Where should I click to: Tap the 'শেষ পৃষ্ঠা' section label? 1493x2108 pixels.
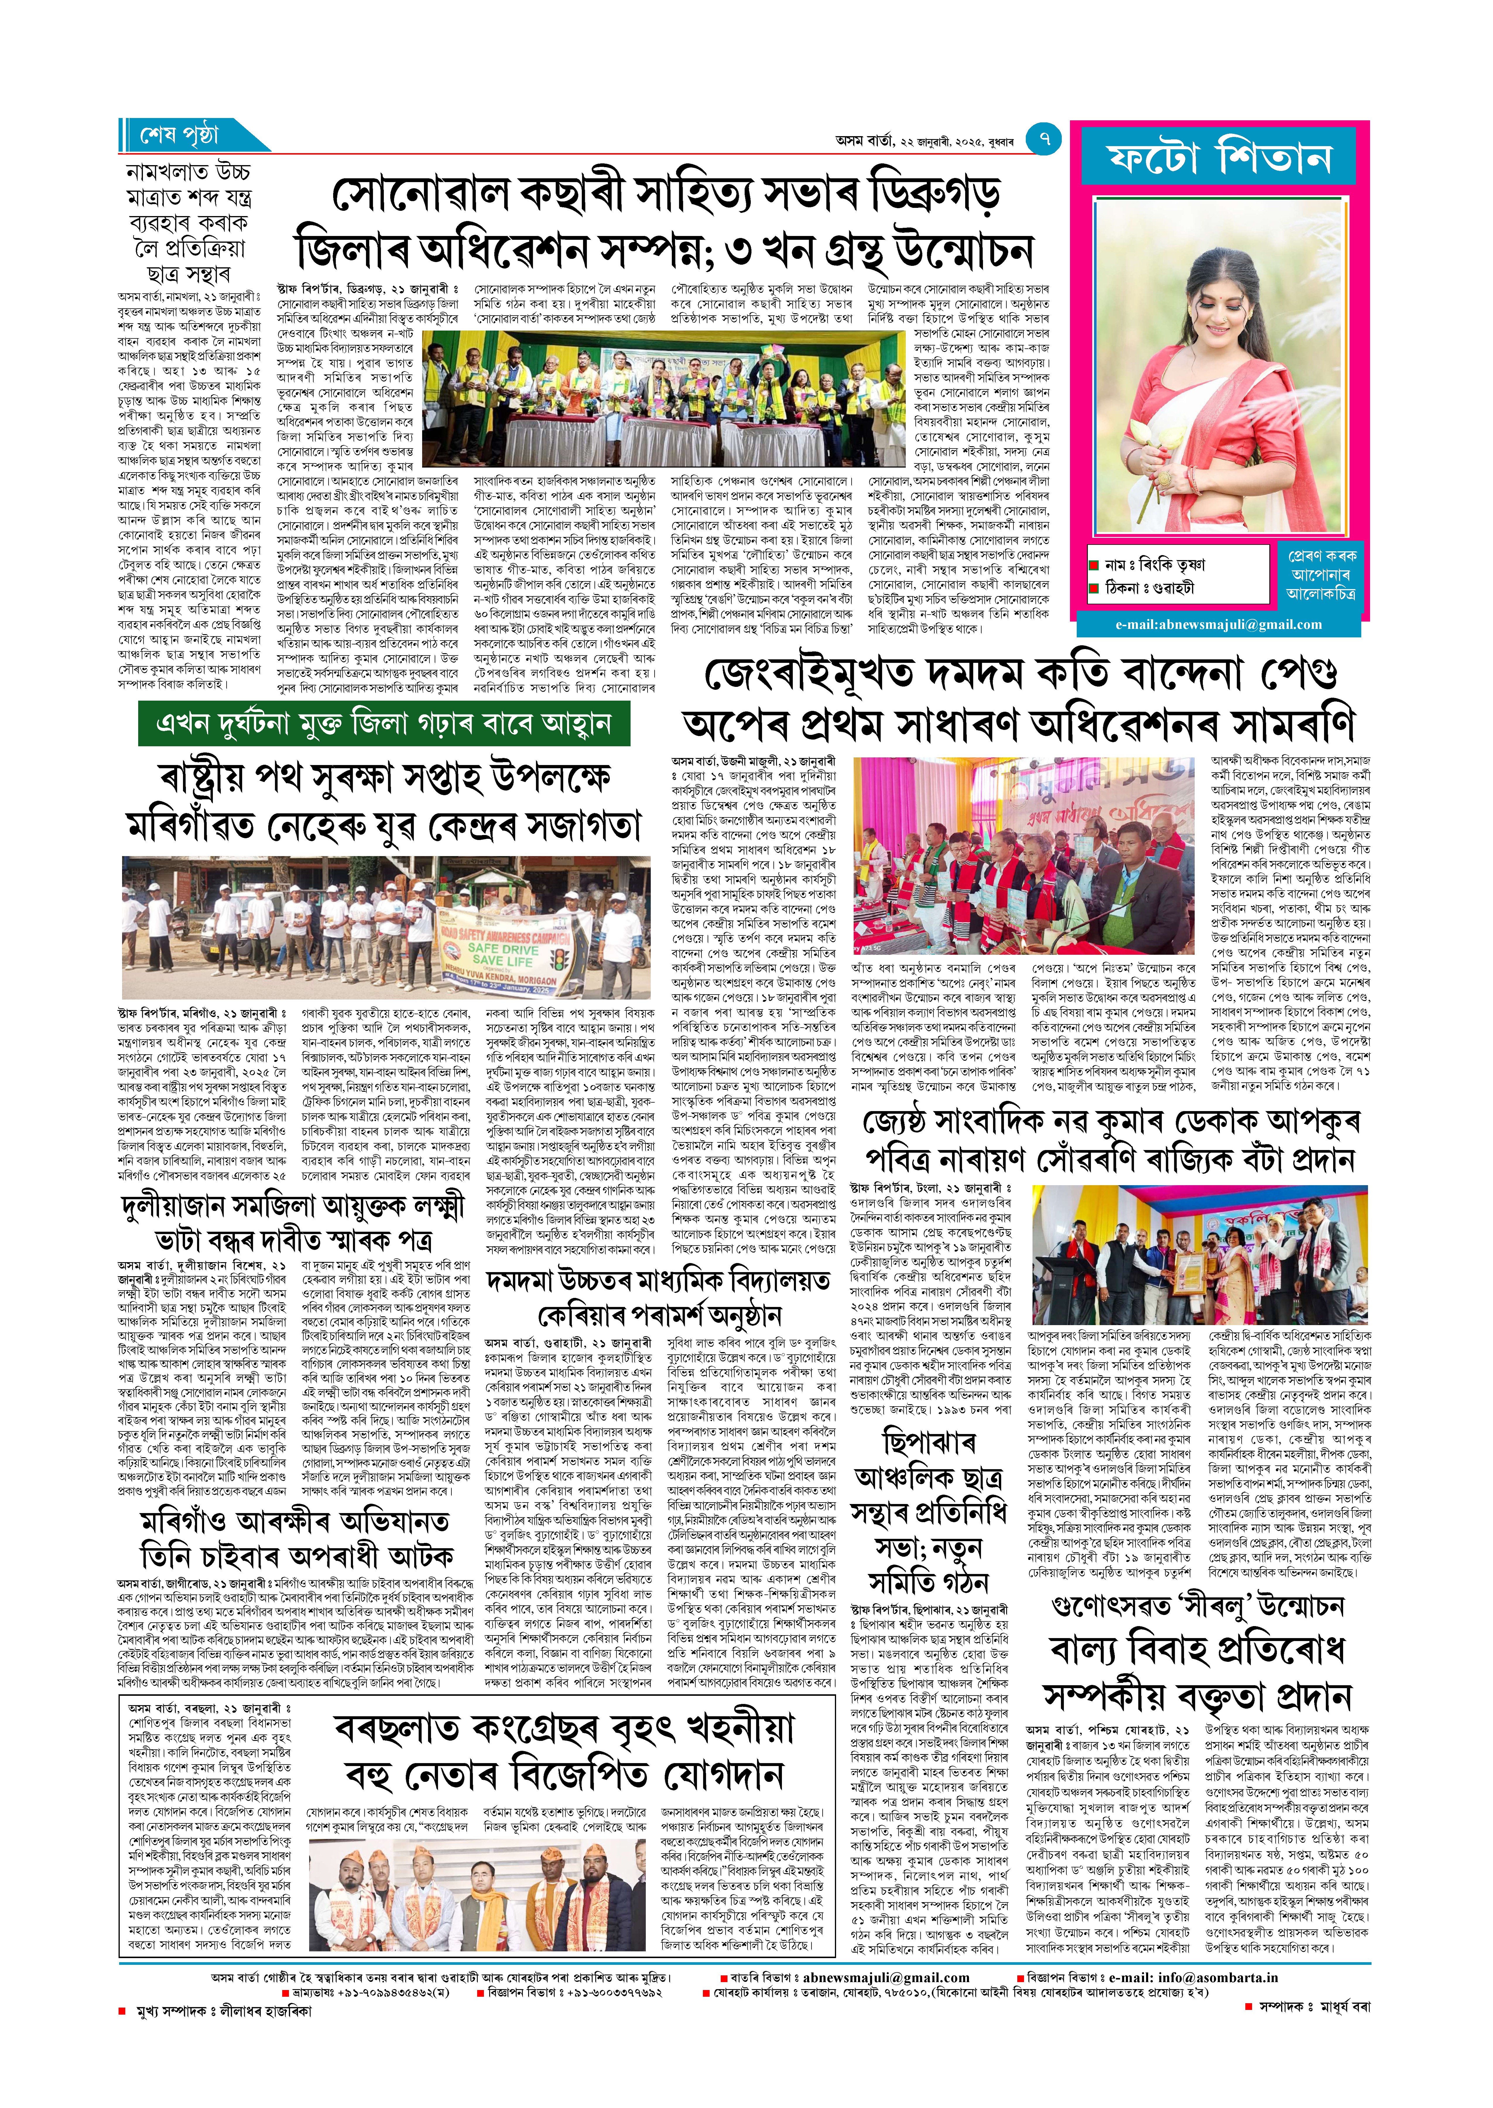pos(180,136)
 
